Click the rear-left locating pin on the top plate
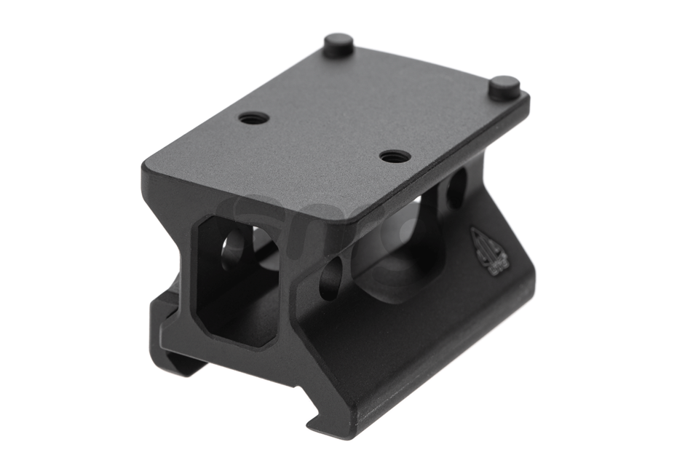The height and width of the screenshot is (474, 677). (x=338, y=44)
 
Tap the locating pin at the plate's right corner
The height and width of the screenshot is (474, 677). (x=504, y=87)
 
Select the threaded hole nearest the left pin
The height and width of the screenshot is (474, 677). (x=253, y=117)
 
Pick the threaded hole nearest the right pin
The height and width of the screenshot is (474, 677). (x=394, y=156)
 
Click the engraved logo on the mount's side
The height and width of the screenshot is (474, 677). (x=485, y=252)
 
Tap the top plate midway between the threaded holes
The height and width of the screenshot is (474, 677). (x=324, y=137)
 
